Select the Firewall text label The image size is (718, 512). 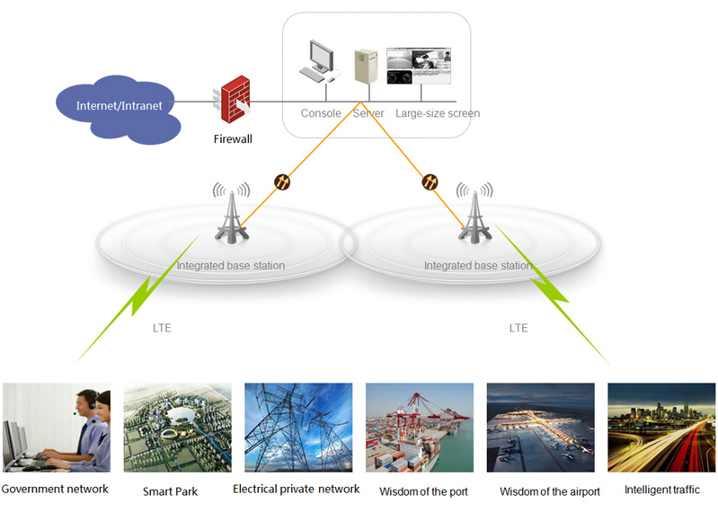coord(233,139)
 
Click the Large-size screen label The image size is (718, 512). coord(438,114)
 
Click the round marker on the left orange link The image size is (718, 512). coord(282,182)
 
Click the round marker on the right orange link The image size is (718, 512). coord(430,182)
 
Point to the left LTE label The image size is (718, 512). coord(161,328)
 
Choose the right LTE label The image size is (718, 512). coord(519,328)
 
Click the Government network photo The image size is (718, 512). coord(57,428)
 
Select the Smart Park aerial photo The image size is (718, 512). coord(177,428)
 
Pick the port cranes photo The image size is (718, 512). coord(420,428)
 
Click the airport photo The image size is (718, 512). coord(540,428)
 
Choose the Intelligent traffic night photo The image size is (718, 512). coord(661,428)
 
